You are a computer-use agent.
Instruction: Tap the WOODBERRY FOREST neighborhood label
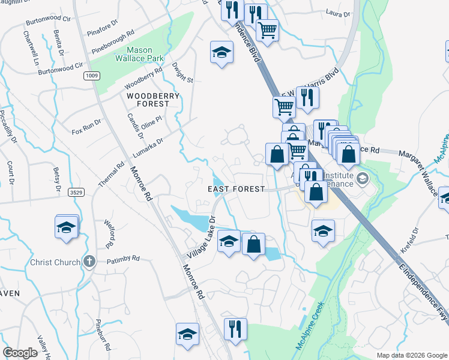tap(152, 99)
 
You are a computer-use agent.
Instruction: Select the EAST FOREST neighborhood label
tap(236, 189)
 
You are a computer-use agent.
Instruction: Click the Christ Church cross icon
tap(89, 262)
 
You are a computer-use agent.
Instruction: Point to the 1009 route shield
tap(91, 76)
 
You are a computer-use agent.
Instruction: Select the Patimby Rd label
tap(123, 260)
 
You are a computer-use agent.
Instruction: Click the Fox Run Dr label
tap(85, 129)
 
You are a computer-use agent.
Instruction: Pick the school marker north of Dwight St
tap(221, 53)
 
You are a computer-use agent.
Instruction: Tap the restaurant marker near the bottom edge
tap(234, 329)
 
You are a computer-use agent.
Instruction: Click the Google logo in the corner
tap(21, 353)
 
